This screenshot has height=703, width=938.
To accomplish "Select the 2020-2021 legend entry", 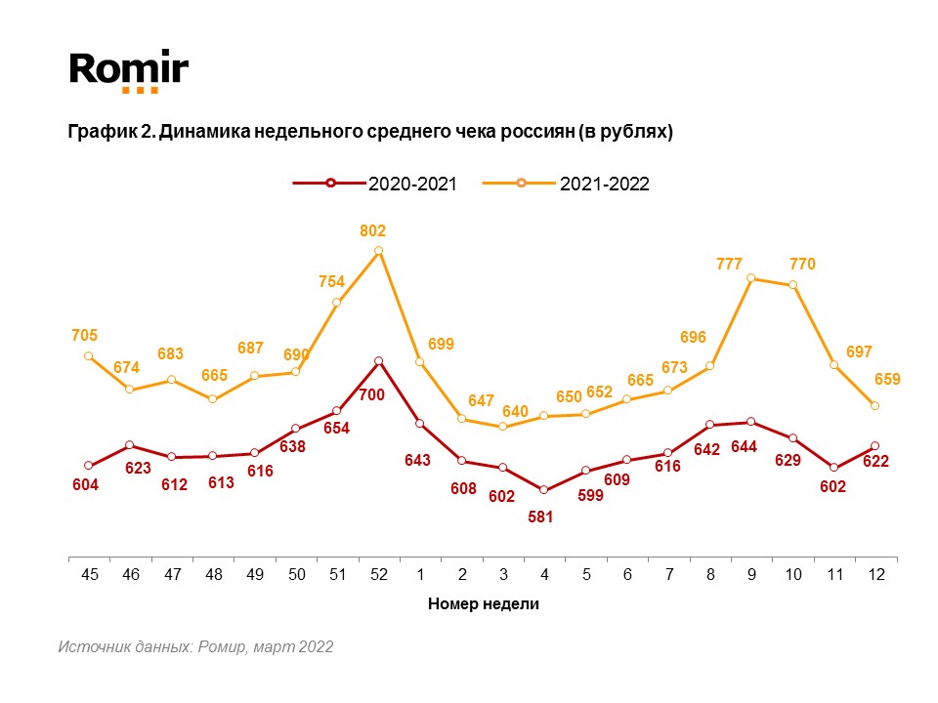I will click(x=376, y=183).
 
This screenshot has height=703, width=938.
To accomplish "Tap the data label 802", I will click(x=373, y=231).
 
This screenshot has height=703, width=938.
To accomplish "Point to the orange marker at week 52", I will click(x=378, y=251).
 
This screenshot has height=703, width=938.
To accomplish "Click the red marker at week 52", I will click(x=378, y=361).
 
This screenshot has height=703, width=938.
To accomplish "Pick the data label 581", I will click(x=540, y=517).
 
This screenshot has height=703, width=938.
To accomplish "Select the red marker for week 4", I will click(x=543, y=490).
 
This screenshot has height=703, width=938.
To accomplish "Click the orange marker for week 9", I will click(x=751, y=278).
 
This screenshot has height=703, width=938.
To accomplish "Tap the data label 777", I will click(x=729, y=265).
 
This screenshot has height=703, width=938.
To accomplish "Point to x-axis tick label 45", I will click(x=90, y=575).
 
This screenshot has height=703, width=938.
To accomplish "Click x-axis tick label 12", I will click(x=875, y=575).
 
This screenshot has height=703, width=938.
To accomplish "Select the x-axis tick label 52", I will click(x=378, y=575).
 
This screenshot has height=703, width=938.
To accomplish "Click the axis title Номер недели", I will click(x=483, y=604).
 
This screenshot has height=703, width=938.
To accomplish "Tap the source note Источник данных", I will click(x=195, y=646).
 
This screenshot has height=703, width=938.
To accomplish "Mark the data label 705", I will click(x=85, y=335).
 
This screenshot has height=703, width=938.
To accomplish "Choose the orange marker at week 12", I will click(x=875, y=405).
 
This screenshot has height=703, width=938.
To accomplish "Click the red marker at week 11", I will click(x=833, y=468).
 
